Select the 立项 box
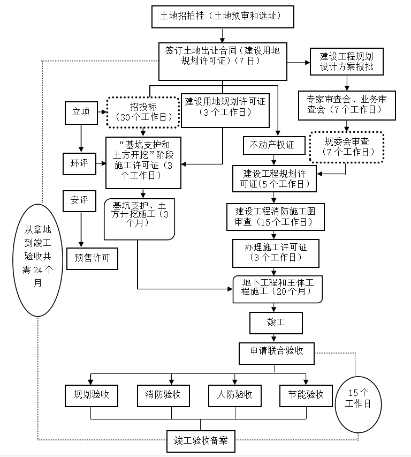[81, 113]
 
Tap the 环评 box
[79, 163]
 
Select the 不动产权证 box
[272, 145]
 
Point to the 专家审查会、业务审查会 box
[347, 104]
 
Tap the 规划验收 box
[91, 395]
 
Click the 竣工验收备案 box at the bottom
[201, 441]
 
